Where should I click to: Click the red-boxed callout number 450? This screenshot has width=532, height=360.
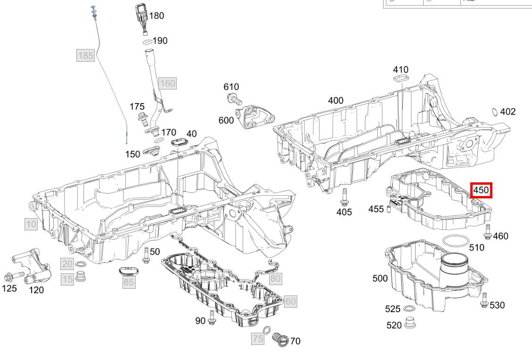click(482, 190)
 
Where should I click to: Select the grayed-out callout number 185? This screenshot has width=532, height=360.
click(86, 56)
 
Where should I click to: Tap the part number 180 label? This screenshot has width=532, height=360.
click(156, 16)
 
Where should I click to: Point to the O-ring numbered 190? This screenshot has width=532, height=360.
click(147, 42)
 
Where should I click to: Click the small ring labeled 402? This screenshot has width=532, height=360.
click(495, 112)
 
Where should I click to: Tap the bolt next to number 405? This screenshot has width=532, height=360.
click(344, 197)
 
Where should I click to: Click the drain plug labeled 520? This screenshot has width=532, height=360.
click(409, 324)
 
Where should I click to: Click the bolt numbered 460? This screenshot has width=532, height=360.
click(488, 232)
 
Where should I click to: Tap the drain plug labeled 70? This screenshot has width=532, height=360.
click(279, 338)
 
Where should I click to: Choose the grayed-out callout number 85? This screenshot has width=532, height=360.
click(129, 282)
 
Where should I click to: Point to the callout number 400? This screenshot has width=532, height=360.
click(336, 100)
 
